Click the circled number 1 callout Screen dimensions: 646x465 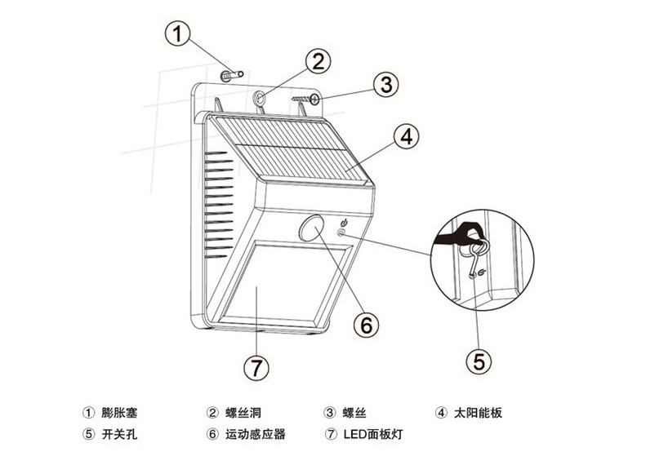pyautogui.click(x=177, y=33)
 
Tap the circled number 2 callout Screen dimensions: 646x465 pyautogui.click(x=318, y=62)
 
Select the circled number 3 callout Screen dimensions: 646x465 pyautogui.click(x=386, y=84)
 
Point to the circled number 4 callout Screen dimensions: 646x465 pyautogui.click(x=406, y=136)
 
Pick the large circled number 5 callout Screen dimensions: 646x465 pyautogui.click(x=479, y=361)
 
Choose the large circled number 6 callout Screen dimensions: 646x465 pyautogui.click(x=366, y=325)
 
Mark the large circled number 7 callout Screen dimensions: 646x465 pyautogui.click(x=256, y=367)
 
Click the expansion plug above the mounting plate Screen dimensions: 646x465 pyautogui.click(x=232, y=75)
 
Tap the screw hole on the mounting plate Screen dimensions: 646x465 pyautogui.click(x=260, y=98)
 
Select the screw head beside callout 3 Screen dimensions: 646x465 pyautogui.click(x=315, y=99)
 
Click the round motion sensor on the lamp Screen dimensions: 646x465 pyautogui.click(x=311, y=228)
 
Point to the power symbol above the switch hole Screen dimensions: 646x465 pyautogui.click(x=344, y=223)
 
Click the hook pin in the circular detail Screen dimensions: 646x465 pyautogui.click(x=477, y=257)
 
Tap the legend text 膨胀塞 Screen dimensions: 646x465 pyautogui.click(x=119, y=412)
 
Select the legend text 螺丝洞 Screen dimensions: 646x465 pyautogui.click(x=243, y=412)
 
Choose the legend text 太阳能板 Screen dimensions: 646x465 pyautogui.click(x=478, y=412)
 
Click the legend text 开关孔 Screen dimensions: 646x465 pyautogui.click(x=119, y=434)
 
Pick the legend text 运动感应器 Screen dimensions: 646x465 pyautogui.click(x=255, y=434)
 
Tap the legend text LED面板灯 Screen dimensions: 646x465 pyautogui.click(x=373, y=434)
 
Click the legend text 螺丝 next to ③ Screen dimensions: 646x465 pyautogui.click(x=354, y=412)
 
